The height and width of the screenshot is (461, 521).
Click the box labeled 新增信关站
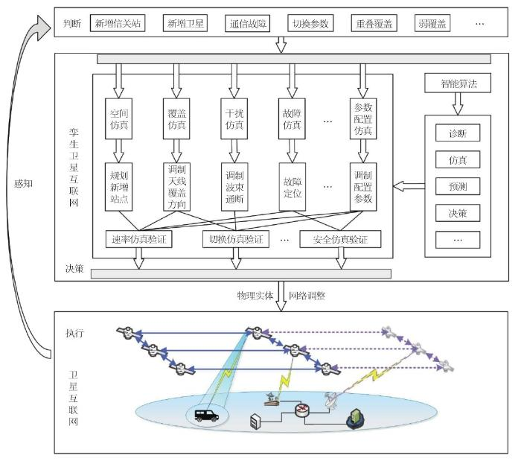pos(117,24)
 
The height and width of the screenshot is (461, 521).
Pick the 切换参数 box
pos(310,24)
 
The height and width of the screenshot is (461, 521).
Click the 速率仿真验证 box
pos(138,239)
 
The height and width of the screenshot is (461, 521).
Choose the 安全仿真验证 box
pos(340,239)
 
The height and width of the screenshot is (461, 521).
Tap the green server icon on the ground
pos(356,422)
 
